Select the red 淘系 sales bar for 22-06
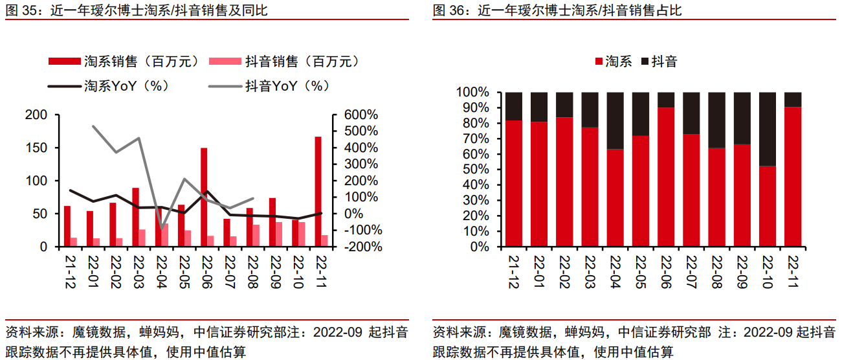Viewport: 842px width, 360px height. tap(204, 197)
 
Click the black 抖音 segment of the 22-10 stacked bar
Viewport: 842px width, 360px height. tap(768, 129)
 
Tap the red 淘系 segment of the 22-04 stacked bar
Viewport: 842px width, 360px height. tap(615, 198)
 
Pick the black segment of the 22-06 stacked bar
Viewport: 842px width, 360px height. tap(666, 99)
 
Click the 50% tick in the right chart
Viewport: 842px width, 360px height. tap(476, 170)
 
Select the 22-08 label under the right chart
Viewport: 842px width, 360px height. tap(717, 272)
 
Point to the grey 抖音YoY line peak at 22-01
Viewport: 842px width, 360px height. tap(93, 126)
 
